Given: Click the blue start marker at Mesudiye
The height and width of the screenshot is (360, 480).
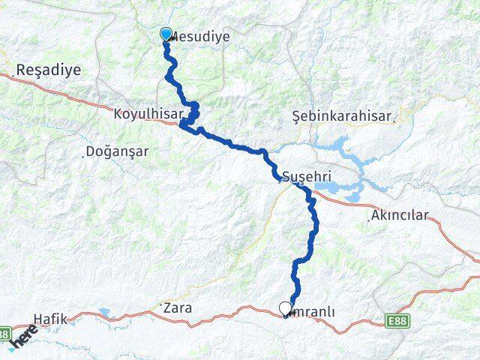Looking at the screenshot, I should point(166,34).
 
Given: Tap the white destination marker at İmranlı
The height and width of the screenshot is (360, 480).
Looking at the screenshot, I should point(285,307).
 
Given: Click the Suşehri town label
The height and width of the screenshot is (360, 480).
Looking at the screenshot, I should point(307,177).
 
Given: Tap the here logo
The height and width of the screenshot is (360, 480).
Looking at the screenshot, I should point(22,340).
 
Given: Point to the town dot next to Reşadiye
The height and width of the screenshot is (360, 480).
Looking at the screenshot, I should point(13,73).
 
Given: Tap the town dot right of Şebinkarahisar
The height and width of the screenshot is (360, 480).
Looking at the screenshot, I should point(400,118).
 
